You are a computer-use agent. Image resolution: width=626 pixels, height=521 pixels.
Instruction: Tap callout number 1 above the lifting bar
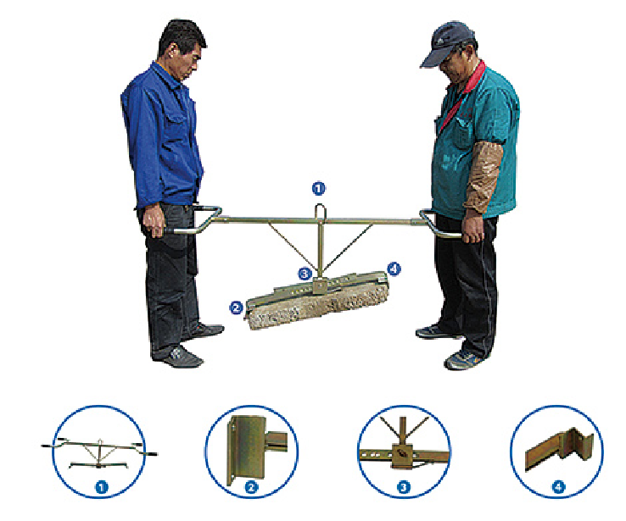pos(318,188)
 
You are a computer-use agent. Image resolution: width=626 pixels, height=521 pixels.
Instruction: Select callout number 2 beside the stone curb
pos(236,308)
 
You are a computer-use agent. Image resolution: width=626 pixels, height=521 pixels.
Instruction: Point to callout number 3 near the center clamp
pos(305,274)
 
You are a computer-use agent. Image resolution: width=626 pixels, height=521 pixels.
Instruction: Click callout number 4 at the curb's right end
pos(394,269)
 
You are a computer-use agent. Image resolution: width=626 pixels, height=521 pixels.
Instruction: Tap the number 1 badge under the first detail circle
pos(102,487)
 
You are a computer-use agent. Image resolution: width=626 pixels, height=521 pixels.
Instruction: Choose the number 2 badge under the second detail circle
pos(252,487)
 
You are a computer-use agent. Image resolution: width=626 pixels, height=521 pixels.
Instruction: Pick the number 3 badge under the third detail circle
pos(404,487)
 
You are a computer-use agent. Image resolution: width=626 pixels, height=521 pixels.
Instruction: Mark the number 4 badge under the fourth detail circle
pos(558,487)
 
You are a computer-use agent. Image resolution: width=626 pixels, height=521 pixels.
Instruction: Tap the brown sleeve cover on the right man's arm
pos(482,175)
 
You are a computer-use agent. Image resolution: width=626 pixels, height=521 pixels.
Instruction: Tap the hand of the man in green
pos(473,226)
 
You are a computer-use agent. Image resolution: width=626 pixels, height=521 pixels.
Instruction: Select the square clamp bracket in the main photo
pos(320,285)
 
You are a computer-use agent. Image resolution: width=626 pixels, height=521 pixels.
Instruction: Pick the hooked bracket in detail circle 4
pos(576,444)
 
